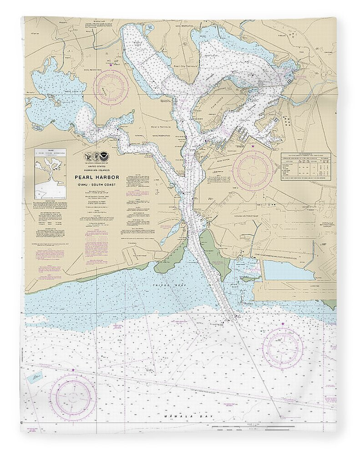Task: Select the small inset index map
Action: point(51,174)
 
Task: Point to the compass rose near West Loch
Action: point(111,85)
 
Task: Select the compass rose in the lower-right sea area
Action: point(284,347)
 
